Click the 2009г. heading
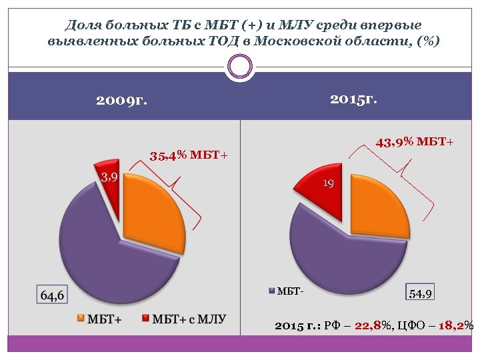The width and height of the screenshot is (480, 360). (x=121, y=101)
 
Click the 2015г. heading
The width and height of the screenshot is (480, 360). (x=353, y=99)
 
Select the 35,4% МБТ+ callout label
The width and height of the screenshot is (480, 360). (x=189, y=156)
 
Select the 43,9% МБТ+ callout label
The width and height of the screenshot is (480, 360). (x=415, y=142)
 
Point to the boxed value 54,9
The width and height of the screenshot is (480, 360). (x=421, y=293)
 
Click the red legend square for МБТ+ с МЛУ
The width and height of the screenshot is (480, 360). (x=145, y=319)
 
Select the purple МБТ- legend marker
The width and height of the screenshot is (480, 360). (x=271, y=291)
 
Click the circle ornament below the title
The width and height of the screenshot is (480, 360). (x=240, y=66)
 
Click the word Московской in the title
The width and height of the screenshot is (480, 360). (x=312, y=41)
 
